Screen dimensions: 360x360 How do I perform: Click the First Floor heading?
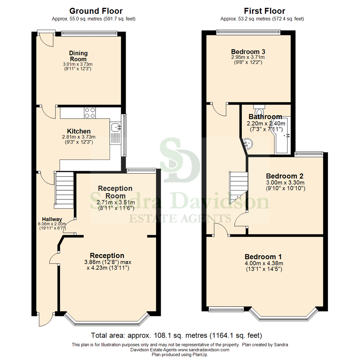pos(264,11)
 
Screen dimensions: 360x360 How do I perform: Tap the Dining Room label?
pos(78,56)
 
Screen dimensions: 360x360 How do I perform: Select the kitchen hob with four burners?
pos(90,113)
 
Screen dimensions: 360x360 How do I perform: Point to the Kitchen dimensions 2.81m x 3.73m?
pos(79,137)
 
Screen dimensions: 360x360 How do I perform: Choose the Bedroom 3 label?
pos(248,52)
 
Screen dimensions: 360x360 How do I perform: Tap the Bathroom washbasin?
pos(247,144)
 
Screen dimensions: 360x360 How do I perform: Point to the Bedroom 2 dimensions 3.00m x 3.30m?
pos(285,183)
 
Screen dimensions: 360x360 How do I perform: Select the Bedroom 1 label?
pos(263,257)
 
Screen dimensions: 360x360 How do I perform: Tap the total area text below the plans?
pos(177,335)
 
